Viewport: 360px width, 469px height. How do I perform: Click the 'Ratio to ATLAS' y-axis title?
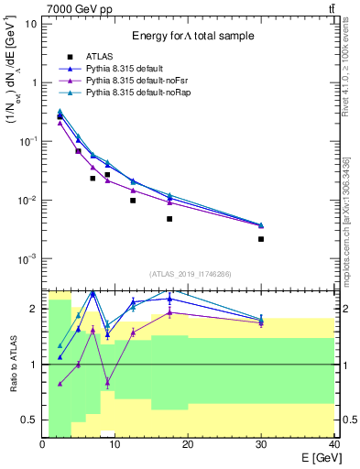tap(12, 364)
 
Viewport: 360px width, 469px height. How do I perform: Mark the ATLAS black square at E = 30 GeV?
tap(261, 239)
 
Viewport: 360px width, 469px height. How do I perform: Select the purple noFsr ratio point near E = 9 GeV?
tap(108, 382)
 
